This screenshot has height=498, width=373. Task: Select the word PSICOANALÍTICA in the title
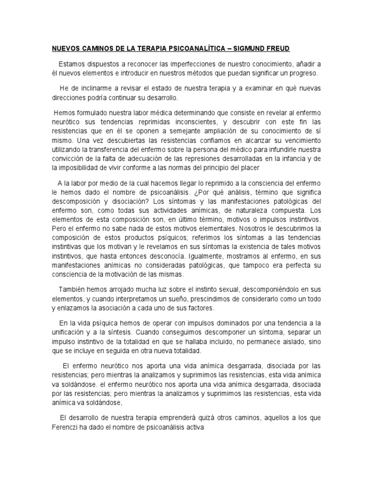point(180,49)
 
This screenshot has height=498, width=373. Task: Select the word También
point(73,287)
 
